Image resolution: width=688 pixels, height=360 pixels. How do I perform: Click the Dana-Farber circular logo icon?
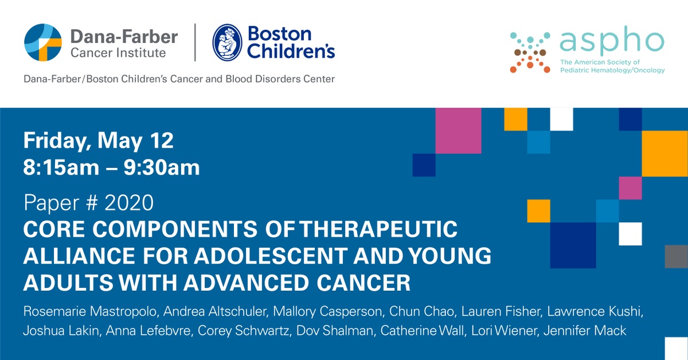click(x=42, y=43)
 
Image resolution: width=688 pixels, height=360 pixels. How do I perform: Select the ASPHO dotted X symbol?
click(x=530, y=52)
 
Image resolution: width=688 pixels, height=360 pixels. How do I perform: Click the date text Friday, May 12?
click(x=98, y=140)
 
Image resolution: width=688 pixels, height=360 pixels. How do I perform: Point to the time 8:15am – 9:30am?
click(x=111, y=167)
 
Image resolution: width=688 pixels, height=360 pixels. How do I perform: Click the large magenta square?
click(x=458, y=131)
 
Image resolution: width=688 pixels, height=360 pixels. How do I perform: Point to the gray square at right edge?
click(x=676, y=256)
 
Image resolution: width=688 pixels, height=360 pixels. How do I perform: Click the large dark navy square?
click(x=573, y=245)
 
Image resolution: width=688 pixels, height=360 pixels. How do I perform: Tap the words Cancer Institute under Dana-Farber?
click(x=118, y=53)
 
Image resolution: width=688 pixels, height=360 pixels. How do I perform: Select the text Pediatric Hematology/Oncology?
click(x=612, y=71)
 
